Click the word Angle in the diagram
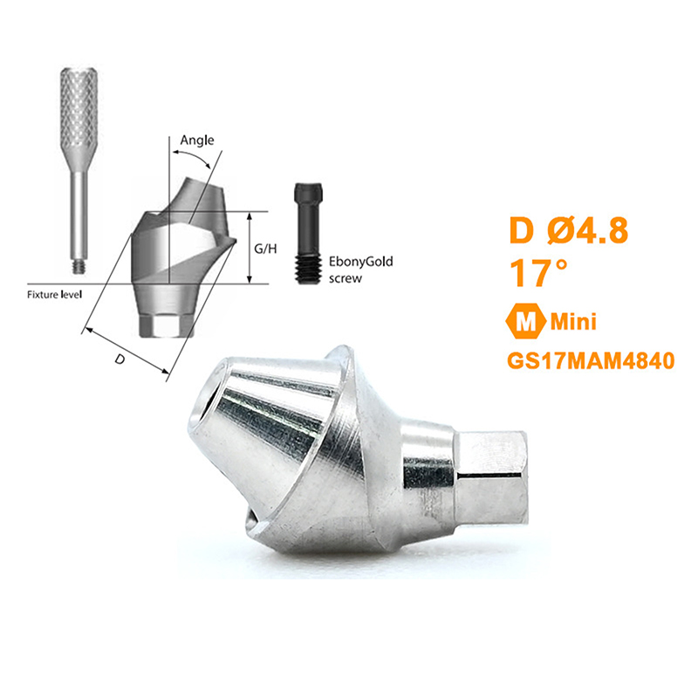(x=197, y=140)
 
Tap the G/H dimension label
(x=265, y=249)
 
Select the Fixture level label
(x=54, y=295)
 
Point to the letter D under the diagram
(x=120, y=359)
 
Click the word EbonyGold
(x=360, y=261)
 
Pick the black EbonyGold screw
(x=308, y=233)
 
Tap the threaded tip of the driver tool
(x=79, y=267)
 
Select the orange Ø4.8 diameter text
(x=588, y=230)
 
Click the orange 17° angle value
(x=538, y=272)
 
